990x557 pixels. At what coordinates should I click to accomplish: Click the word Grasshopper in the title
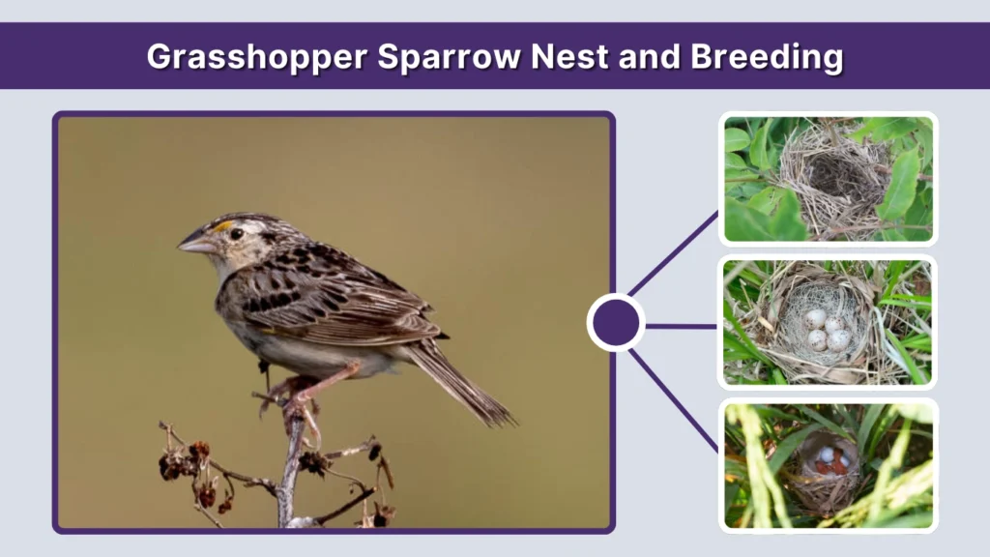pos(256,57)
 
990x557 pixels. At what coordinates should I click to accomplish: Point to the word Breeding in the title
pos(766,57)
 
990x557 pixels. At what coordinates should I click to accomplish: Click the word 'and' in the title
pos(652,57)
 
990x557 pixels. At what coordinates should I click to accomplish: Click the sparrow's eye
pos(236,233)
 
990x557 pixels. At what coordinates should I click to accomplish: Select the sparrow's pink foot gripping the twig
pos(295,406)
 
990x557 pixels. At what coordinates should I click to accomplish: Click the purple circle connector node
pos(616,323)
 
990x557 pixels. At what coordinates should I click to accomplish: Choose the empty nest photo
pos(829,179)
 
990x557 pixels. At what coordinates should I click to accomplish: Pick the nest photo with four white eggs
pos(829,322)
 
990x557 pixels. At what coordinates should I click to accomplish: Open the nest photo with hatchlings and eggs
pos(829,465)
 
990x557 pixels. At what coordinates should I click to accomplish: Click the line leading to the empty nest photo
pos(675,253)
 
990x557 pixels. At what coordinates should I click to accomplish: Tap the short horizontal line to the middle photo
pos(681,326)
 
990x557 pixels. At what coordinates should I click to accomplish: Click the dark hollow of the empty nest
pos(832,177)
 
